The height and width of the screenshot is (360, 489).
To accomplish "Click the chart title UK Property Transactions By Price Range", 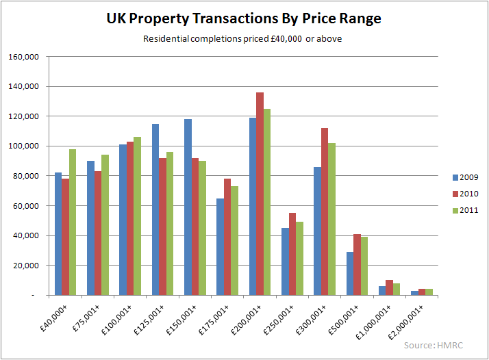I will (244, 18).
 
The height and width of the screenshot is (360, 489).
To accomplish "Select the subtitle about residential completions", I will (242, 38).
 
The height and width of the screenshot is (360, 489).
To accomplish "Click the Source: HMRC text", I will (434, 345).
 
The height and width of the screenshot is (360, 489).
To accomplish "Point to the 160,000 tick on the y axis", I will (25, 57).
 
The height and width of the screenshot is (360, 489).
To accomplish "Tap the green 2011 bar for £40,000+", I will (73, 222).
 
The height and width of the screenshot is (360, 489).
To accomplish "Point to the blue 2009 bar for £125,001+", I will (155, 209).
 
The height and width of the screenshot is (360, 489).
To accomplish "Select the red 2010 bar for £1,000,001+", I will (389, 287).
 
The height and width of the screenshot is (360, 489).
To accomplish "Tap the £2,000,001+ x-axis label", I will (416, 322).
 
